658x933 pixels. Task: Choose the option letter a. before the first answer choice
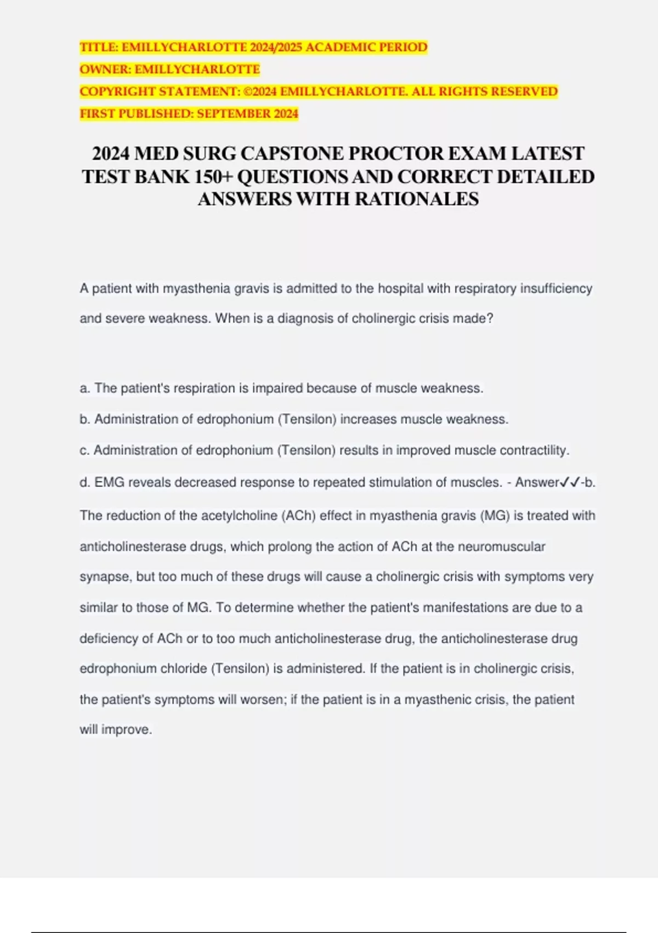pyautogui.click(x=85, y=389)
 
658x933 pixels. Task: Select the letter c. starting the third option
pyautogui.click(x=84, y=451)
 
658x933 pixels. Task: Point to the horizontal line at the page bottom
pyautogui.click(x=329, y=932)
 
